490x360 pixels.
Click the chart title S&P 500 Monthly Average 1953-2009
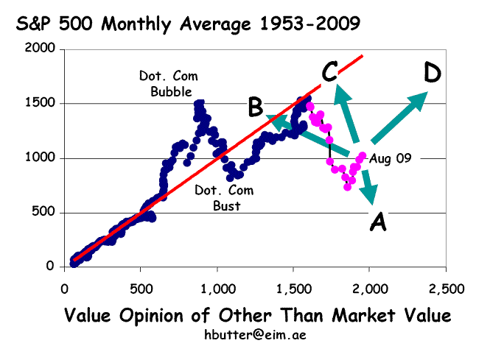(189, 24)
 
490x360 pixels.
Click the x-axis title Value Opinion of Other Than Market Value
(257, 316)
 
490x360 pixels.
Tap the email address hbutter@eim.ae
(256, 335)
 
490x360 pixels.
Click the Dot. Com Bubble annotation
(169, 83)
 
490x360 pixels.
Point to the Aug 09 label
(390, 158)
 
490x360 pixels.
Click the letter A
(377, 222)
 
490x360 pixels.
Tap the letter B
(256, 107)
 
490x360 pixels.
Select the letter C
(329, 71)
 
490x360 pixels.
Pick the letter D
(433, 73)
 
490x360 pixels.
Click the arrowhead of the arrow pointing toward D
(420, 99)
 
